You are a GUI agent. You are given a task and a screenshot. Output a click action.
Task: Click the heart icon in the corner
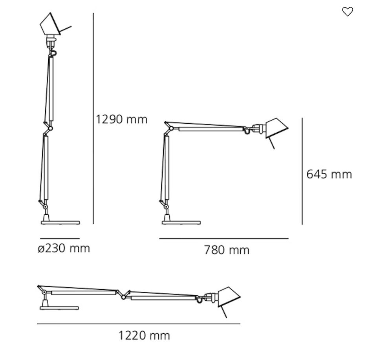(348, 11)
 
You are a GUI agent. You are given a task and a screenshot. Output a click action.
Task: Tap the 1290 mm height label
(121, 119)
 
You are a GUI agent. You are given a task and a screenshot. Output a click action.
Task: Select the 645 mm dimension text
(329, 174)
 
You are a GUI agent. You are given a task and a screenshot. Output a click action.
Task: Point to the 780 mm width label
(227, 250)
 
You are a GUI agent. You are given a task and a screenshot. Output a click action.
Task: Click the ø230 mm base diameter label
(64, 248)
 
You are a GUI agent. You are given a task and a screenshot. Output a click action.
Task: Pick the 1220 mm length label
(144, 336)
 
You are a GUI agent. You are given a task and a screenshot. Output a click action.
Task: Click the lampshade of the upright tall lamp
(51, 24)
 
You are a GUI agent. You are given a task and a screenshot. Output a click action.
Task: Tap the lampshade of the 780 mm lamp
(276, 128)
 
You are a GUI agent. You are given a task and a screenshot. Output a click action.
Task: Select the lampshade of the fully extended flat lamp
(229, 297)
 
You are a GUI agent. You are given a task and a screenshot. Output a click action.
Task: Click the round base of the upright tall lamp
(60, 223)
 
